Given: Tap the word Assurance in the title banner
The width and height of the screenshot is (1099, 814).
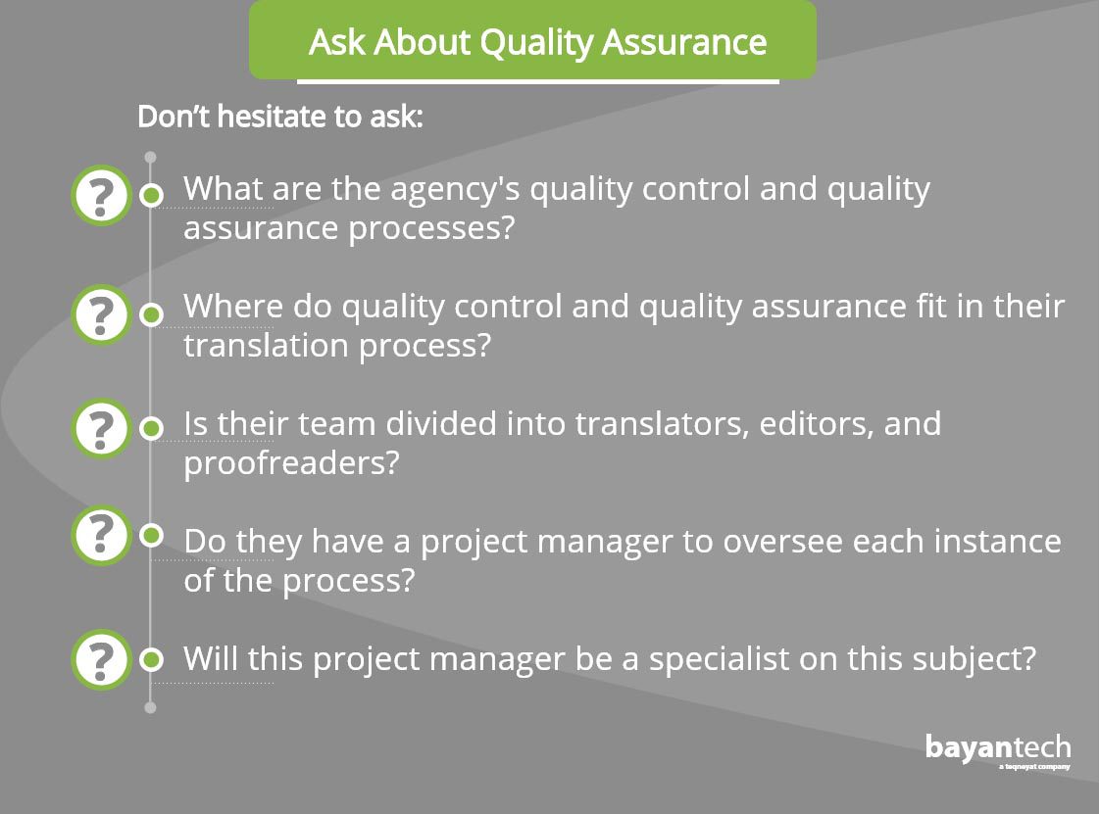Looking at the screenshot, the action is (684, 42).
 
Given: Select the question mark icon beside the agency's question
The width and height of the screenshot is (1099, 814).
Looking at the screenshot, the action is (101, 196).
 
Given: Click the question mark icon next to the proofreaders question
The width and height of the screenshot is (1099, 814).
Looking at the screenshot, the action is (101, 428).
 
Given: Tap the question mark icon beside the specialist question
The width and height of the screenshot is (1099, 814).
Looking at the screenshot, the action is (101, 660).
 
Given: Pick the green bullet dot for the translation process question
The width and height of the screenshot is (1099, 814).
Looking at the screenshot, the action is (151, 314).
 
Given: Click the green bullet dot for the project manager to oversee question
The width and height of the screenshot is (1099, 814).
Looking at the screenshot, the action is (151, 536).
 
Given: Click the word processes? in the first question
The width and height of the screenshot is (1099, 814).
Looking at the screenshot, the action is (431, 228).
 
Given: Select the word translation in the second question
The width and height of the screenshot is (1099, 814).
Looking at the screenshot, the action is (266, 346).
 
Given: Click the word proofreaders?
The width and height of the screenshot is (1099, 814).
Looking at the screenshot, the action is (291, 463).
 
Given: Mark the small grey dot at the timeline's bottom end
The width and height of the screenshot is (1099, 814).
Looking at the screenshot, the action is (150, 707).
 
